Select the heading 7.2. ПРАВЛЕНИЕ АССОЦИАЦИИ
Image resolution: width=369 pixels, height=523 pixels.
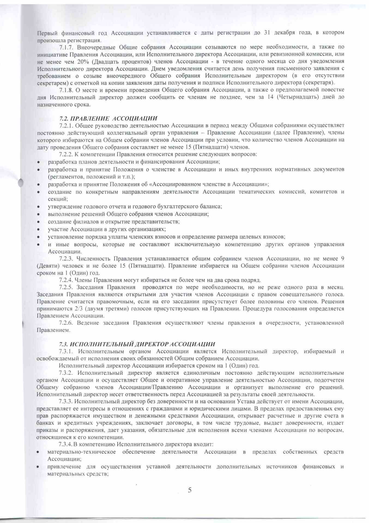pyautogui.click(x=108, y=118)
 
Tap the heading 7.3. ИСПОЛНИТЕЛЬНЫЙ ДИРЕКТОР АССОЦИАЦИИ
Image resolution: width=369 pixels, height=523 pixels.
pyautogui.click(x=137, y=344)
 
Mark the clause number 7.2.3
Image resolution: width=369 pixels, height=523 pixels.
pyautogui.click(x=66, y=258)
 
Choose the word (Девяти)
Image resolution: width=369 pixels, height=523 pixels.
pyautogui.click(x=47, y=266)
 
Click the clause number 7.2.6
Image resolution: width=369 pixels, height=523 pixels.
pyautogui.click(x=66, y=323)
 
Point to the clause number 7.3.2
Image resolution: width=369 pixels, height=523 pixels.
pyautogui.click(x=66, y=373)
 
